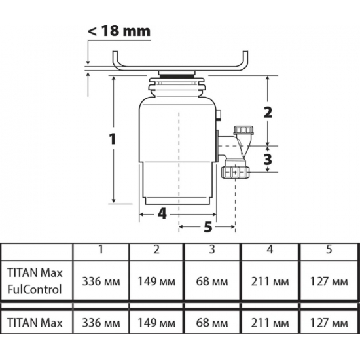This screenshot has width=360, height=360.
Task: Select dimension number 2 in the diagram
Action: pos(267,111)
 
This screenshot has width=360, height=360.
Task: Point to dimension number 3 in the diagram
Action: pos(267,158)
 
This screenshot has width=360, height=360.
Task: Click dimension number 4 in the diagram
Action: pos(162,213)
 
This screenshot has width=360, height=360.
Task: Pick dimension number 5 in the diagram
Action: pos(207,227)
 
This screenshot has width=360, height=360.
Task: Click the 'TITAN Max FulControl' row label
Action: pos(35,279)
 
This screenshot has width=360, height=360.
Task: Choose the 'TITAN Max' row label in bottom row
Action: pos(35,323)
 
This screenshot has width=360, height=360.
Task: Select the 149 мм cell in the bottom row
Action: pos(157,323)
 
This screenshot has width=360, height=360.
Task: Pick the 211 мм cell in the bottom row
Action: pos(269,323)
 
